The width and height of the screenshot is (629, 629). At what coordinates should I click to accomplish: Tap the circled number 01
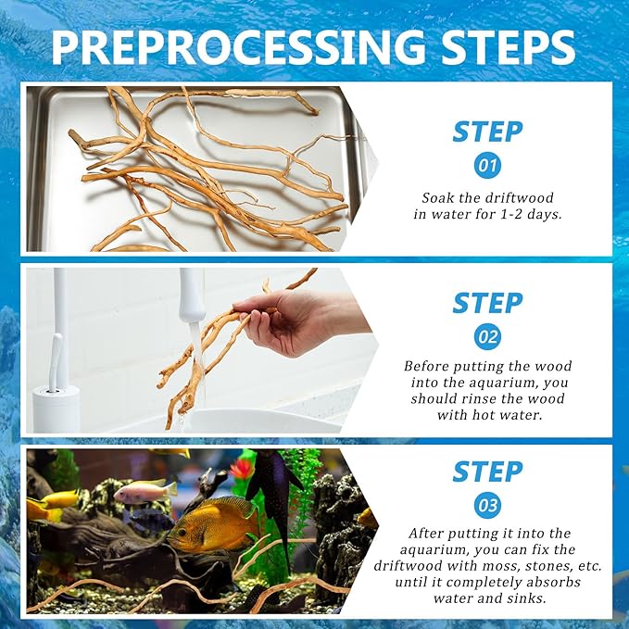click(487, 165)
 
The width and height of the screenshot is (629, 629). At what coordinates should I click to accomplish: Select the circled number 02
click(487, 336)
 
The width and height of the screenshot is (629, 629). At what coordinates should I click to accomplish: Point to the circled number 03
click(487, 505)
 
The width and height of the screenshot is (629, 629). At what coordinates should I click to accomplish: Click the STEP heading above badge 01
click(487, 132)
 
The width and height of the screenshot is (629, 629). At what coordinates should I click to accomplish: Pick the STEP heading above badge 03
click(487, 472)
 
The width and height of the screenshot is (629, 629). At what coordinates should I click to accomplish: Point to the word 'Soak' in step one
click(436, 197)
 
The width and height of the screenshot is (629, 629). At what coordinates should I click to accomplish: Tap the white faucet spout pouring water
click(192, 296)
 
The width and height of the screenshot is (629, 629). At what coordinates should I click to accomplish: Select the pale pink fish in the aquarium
click(145, 492)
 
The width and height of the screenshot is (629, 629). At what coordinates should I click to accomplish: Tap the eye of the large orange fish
click(182, 533)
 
